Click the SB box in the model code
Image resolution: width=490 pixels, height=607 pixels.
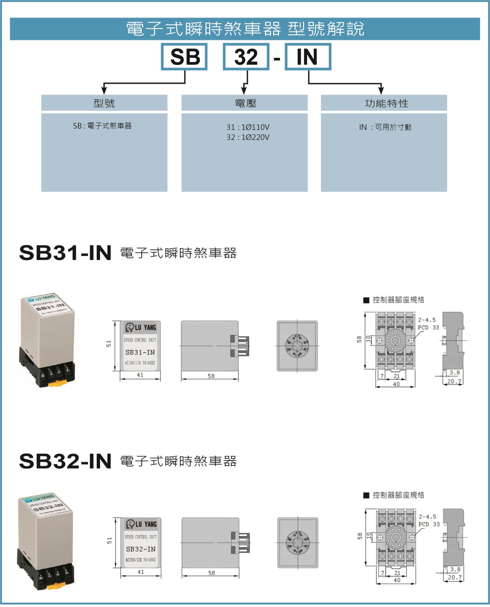coord(185,56)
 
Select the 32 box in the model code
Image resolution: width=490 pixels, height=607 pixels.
coord(246,56)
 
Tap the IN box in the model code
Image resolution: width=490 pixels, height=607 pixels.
coord(307,56)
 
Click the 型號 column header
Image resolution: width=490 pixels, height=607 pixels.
coord(104,103)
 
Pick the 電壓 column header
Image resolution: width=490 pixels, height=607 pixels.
coord(245,103)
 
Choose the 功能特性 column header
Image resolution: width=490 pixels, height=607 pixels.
coord(386,103)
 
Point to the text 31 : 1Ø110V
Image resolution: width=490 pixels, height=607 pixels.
coord(248,127)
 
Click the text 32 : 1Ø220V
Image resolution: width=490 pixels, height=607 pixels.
coord(248,137)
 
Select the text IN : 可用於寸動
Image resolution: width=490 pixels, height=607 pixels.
coord(385,127)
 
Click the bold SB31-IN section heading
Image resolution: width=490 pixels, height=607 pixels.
coord(65,253)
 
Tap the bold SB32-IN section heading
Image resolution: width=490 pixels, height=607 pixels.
coord(65,462)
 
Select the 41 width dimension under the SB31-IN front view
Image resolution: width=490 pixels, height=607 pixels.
coord(140,375)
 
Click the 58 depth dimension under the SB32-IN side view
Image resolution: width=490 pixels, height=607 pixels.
coord(212,573)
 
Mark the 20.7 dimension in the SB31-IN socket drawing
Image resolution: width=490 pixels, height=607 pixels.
coord(454,382)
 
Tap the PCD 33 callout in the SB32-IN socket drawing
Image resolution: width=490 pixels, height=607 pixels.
coord(429,524)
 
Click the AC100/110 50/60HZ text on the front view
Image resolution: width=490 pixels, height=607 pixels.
coord(140,362)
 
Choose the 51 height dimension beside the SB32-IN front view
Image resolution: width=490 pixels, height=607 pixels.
coord(109,540)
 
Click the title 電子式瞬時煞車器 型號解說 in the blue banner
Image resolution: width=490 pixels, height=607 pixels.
coord(245,29)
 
